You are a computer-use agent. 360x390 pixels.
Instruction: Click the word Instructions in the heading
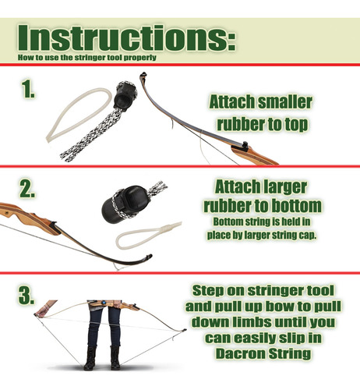126,37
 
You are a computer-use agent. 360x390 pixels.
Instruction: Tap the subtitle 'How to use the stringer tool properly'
87,58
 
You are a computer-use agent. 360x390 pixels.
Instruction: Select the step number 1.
28,89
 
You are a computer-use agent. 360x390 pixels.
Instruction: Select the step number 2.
27,189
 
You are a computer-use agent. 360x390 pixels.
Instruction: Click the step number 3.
26,295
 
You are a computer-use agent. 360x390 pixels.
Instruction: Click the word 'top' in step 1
296,125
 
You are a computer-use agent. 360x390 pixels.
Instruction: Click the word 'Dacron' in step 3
240,353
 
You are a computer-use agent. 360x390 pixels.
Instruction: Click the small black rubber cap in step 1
125,96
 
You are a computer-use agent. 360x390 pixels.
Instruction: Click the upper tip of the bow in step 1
143,75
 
